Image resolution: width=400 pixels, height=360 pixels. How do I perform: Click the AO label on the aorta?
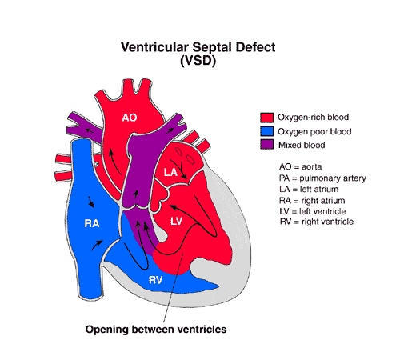click(130, 118)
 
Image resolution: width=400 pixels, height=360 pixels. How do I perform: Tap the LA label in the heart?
click(170, 173)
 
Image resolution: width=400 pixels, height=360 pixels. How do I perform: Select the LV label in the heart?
click(176, 221)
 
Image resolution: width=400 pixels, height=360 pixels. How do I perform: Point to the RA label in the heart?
click(92, 223)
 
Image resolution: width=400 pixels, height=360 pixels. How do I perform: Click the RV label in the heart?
click(155, 280)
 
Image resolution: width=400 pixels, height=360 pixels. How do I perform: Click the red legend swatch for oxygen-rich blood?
click(266, 118)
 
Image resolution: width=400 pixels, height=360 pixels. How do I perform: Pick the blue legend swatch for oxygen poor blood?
click(266, 131)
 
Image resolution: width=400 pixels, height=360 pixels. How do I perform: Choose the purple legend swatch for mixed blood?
click(266, 145)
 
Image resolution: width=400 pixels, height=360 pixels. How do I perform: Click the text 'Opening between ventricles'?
click(156, 330)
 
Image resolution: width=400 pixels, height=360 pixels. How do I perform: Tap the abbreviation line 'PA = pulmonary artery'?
click(322, 178)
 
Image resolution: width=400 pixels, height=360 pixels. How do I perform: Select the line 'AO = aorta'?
click(300, 167)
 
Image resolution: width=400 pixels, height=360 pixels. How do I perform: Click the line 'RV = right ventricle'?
click(317, 222)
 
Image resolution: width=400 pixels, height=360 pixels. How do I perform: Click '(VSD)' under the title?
click(198, 61)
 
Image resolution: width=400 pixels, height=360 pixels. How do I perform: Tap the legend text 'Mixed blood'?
click(302, 145)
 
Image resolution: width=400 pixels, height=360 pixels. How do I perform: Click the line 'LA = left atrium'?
click(309, 190)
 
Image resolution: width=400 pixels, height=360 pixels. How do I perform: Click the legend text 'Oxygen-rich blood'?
click(313, 118)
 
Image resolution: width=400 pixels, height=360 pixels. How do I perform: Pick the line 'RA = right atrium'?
click(312, 201)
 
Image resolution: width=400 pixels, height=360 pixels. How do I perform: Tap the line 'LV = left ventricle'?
click(313, 211)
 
